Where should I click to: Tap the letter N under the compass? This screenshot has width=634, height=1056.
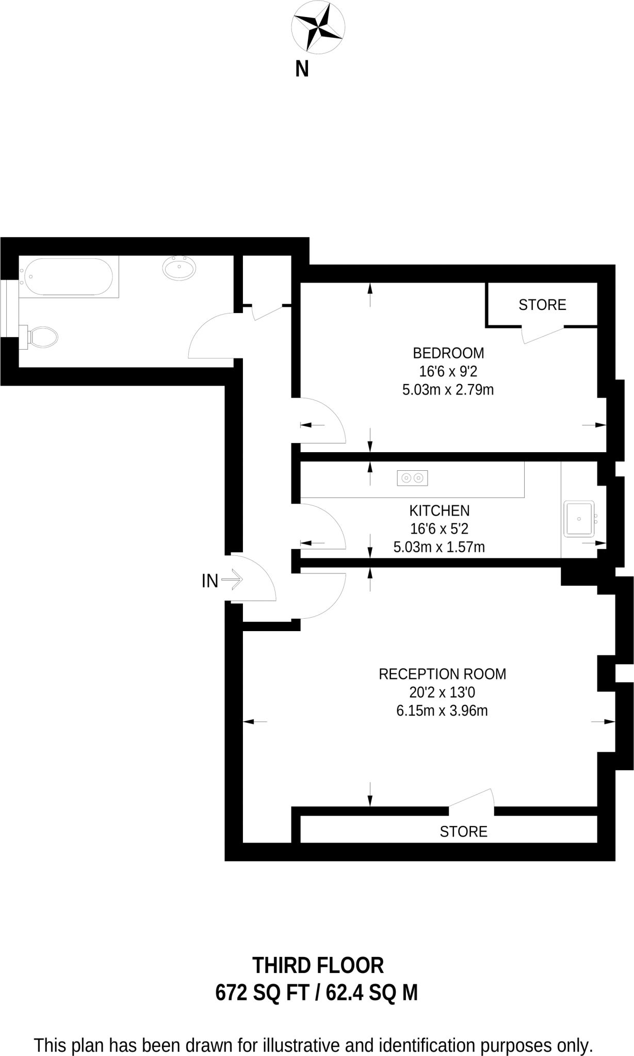(302, 69)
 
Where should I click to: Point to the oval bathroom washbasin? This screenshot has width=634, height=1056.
(179, 268)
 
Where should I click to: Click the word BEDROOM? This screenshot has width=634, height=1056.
(448, 353)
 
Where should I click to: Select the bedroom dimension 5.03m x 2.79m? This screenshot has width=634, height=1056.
(448, 390)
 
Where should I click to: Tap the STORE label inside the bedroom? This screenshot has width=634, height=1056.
(542, 305)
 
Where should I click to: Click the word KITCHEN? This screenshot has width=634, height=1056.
(440, 510)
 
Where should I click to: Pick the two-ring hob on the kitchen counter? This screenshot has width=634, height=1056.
(412, 478)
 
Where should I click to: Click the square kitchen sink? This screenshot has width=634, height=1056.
(580, 519)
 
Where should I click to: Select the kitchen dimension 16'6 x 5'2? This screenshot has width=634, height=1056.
(440, 529)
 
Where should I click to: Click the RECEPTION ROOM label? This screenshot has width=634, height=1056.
(442, 674)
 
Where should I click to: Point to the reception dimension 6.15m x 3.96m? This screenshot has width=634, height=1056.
(442, 711)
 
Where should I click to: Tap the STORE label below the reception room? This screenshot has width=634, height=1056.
(463, 831)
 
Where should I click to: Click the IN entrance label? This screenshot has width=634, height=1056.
(210, 581)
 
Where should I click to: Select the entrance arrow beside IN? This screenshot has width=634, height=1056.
(232, 580)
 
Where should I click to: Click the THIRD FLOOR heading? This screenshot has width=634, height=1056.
(318, 965)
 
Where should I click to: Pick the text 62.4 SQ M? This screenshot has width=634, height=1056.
(372, 993)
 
